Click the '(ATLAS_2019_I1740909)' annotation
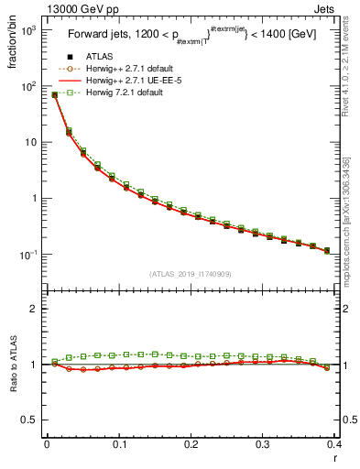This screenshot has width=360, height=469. (x=190, y=274)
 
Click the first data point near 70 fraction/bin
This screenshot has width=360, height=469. (x=54, y=94)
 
